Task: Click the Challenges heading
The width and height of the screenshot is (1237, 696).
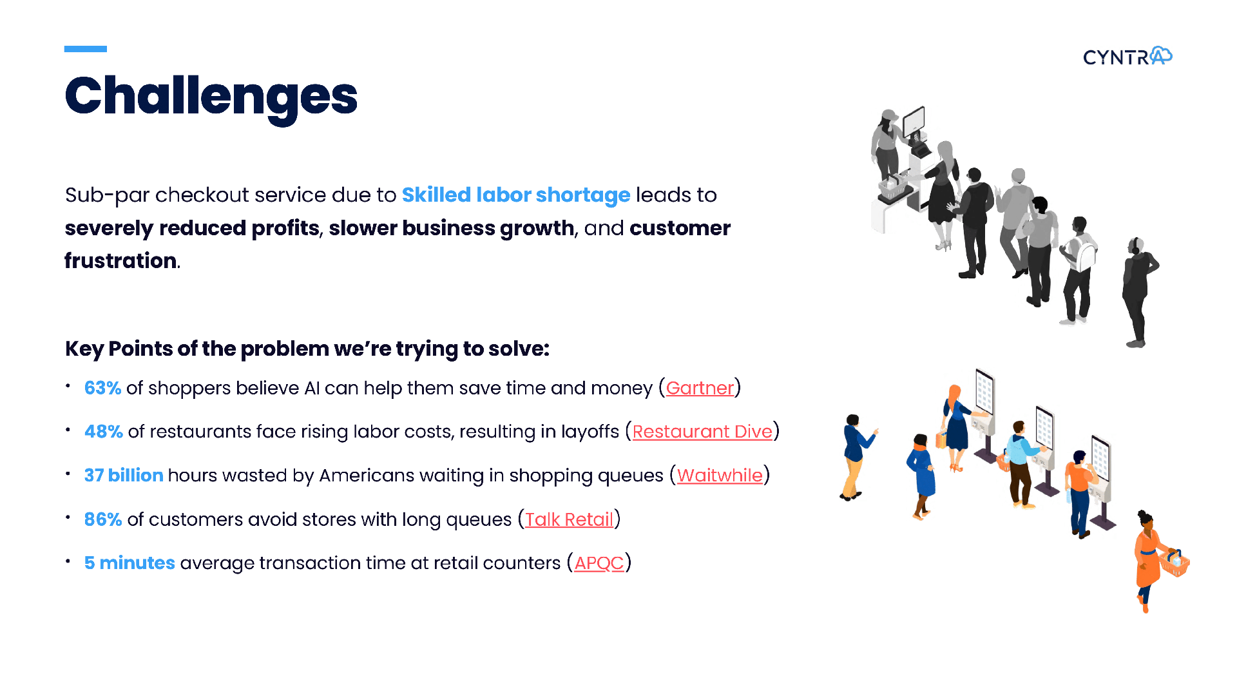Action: [x=211, y=97]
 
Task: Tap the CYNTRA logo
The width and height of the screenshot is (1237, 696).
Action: [x=1127, y=57]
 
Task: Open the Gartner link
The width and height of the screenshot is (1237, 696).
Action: [x=700, y=388]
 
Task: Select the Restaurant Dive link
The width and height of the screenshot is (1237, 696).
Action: [x=702, y=432]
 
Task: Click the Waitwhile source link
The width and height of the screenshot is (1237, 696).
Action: [x=720, y=476]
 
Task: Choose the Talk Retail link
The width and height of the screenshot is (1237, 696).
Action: [x=569, y=519]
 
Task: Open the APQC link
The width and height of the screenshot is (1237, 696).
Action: [x=599, y=563]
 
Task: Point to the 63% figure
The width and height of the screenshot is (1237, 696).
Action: [x=103, y=388]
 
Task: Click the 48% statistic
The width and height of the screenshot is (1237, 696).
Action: [x=104, y=432]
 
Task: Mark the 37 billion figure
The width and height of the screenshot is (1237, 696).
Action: [x=124, y=476]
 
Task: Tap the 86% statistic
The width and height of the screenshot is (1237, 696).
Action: [x=103, y=519]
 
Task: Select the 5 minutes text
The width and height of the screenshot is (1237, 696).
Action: [x=129, y=563]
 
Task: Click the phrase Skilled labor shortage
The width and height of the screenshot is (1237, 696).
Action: [x=516, y=195]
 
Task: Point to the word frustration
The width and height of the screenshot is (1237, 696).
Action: [x=120, y=261]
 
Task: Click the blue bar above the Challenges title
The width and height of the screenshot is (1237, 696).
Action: [x=86, y=49]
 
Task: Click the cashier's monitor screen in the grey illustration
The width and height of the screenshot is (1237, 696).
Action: [x=914, y=121]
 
